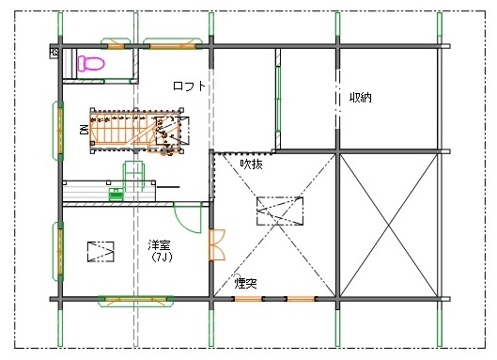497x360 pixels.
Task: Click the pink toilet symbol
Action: [x=91, y=63]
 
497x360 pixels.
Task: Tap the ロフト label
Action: [x=189, y=86]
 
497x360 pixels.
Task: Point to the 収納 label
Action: [x=361, y=98]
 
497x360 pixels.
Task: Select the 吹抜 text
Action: [x=252, y=164]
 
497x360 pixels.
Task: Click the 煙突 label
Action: [x=245, y=283]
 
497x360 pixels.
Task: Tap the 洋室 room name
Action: [x=159, y=245]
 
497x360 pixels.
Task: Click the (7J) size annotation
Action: [x=162, y=257]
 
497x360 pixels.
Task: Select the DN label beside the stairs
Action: [x=84, y=130]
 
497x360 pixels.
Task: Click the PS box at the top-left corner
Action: [x=54, y=52]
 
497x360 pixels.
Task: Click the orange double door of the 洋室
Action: [x=217, y=245]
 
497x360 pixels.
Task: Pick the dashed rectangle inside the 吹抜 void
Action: [x=280, y=211]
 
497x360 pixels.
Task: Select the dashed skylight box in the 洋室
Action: [x=101, y=252]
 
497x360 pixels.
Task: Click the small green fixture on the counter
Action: [x=116, y=195]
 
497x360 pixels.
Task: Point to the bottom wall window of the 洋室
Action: [x=136, y=301]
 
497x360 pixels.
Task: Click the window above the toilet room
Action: [x=116, y=44]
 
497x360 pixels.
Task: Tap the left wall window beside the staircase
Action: [x=58, y=131]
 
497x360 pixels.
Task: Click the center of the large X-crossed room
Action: [x=389, y=226]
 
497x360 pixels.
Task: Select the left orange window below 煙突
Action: [x=248, y=299]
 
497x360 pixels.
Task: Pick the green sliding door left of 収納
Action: [x=278, y=100]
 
